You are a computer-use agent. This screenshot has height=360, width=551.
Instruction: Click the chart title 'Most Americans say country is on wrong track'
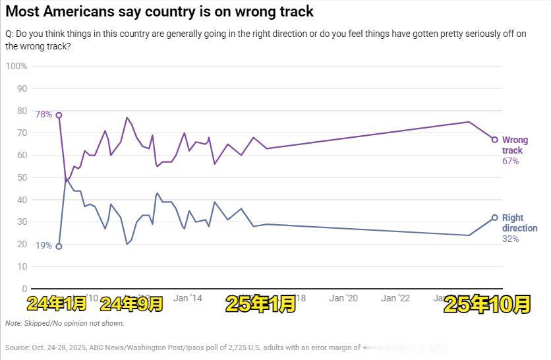pyautogui.click(x=159, y=11)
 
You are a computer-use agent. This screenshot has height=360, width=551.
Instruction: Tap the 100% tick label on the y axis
pyautogui.click(x=16, y=66)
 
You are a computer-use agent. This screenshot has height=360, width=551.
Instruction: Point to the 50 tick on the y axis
pyautogui.click(x=21, y=177)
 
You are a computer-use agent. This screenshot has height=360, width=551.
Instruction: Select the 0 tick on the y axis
pyautogui.click(x=24, y=289)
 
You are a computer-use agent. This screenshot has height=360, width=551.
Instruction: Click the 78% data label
pyautogui.click(x=43, y=114)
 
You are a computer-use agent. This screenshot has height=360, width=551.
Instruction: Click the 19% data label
pyautogui.click(x=43, y=245)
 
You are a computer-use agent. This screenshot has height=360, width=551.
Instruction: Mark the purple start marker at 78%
pyautogui.click(x=59, y=115)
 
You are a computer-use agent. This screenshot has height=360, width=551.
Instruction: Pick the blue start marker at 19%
pyautogui.click(x=59, y=247)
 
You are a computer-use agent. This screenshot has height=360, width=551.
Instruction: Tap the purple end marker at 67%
pyautogui.click(x=494, y=139)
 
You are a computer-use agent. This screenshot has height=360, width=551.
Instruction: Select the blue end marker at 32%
pyautogui.click(x=494, y=218)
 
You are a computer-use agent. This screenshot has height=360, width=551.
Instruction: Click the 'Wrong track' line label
pyautogui.click(x=515, y=145)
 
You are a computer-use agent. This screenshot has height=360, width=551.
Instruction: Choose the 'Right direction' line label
pyautogui.click(x=519, y=223)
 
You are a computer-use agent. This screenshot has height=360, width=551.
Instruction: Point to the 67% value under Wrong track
pyautogui.click(x=511, y=161)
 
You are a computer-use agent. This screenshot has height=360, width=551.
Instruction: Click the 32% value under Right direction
pyautogui.click(x=511, y=239)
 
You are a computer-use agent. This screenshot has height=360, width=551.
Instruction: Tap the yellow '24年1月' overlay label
pyautogui.click(x=57, y=303)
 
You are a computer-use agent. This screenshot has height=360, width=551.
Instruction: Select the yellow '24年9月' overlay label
pyautogui.click(x=131, y=303)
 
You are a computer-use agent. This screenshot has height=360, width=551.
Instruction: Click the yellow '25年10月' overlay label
pyautogui.click(x=487, y=304)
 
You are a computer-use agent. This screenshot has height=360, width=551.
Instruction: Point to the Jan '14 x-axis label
pyautogui.click(x=188, y=298)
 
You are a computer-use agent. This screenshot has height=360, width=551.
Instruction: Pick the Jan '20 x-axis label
pyautogui.click(x=343, y=298)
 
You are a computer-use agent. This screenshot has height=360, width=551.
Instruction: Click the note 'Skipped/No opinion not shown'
pyautogui.click(x=65, y=323)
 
